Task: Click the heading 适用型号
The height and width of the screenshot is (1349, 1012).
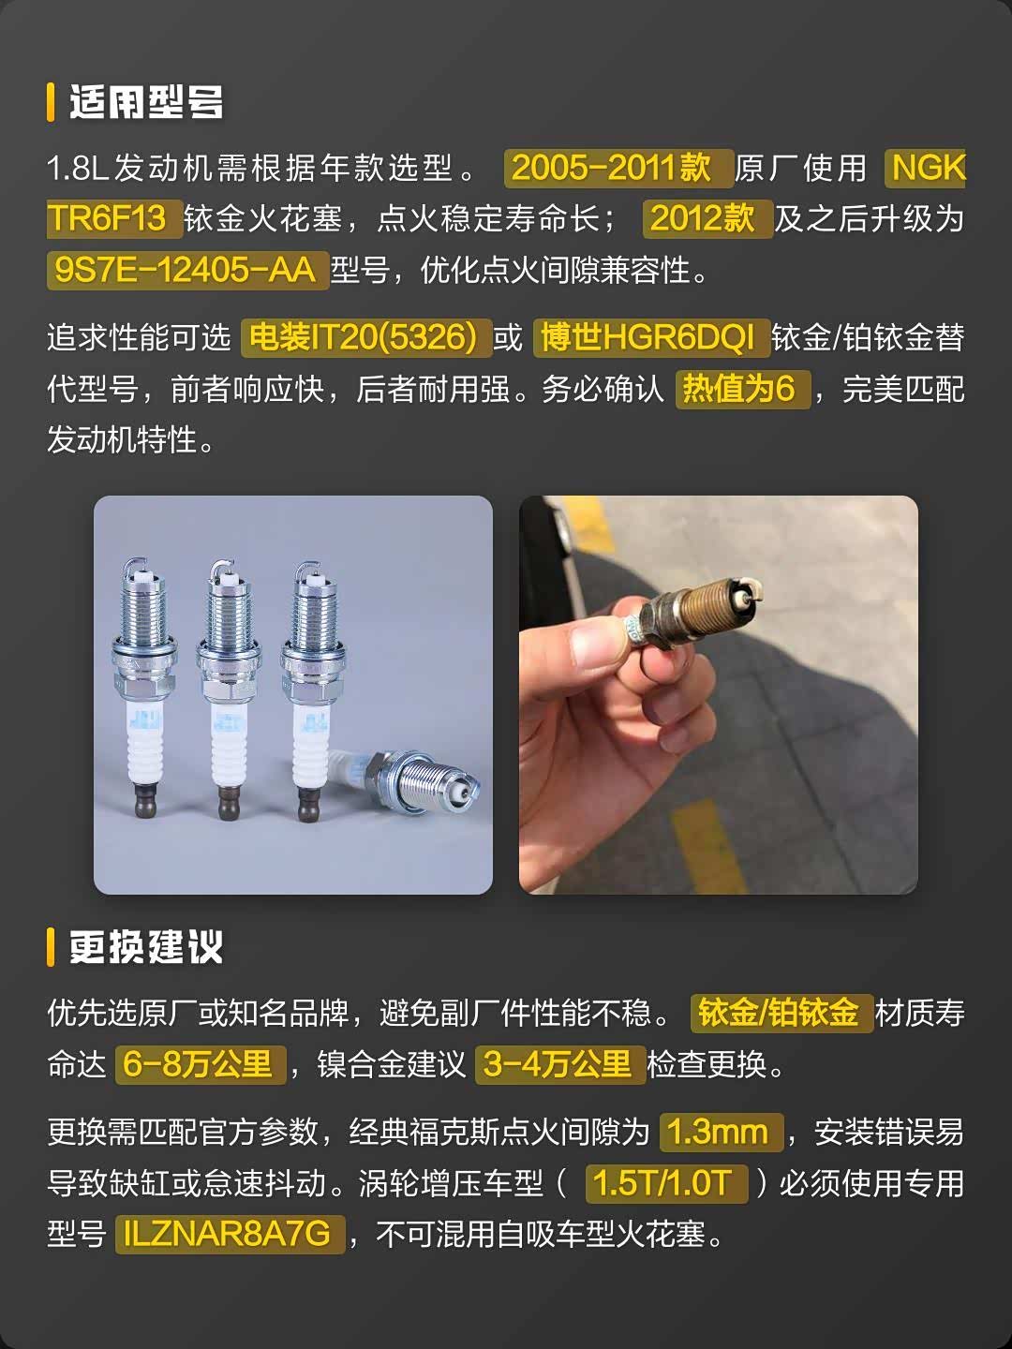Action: coord(145,102)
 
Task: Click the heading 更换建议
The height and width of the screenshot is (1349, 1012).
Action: coord(145,947)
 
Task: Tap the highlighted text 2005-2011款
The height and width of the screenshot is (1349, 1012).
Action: coord(618,168)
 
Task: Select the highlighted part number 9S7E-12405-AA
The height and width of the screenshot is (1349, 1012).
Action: coord(187,270)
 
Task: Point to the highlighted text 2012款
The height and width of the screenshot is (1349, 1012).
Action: coord(707,219)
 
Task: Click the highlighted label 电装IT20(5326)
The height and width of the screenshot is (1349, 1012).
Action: coord(366,337)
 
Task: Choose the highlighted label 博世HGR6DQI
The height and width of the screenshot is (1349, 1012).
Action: coord(651,337)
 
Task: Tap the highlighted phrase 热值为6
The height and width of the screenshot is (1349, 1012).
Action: coord(742,389)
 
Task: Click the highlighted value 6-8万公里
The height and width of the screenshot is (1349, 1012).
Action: coord(201,1064)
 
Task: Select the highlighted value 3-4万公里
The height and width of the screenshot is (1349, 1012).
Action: coord(559,1064)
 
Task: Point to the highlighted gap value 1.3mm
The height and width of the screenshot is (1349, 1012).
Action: coord(721,1132)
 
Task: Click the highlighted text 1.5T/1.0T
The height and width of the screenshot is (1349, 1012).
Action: coord(666,1184)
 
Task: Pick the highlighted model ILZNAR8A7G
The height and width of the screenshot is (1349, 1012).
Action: coord(230,1235)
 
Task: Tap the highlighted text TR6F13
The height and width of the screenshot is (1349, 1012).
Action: coord(114,219)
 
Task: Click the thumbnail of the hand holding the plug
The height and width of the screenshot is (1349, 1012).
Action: coord(719,695)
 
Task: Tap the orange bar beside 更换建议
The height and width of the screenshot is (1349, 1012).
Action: coord(51,947)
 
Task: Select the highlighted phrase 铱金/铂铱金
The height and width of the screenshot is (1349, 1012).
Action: coord(781,1013)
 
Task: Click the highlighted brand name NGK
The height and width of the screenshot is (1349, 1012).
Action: coord(926,168)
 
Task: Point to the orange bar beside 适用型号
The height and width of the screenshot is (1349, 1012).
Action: coord(51,102)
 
